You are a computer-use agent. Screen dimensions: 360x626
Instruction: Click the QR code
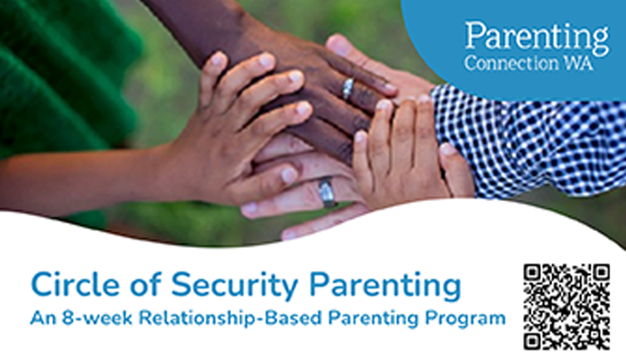[x=566, y=306]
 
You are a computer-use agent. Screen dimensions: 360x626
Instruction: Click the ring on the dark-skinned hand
[x=347, y=89]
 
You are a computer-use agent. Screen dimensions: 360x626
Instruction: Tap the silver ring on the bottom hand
[x=327, y=191]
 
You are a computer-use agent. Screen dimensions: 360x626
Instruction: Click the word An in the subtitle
[x=41, y=318]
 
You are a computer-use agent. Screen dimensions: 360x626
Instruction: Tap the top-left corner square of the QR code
[x=533, y=273]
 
